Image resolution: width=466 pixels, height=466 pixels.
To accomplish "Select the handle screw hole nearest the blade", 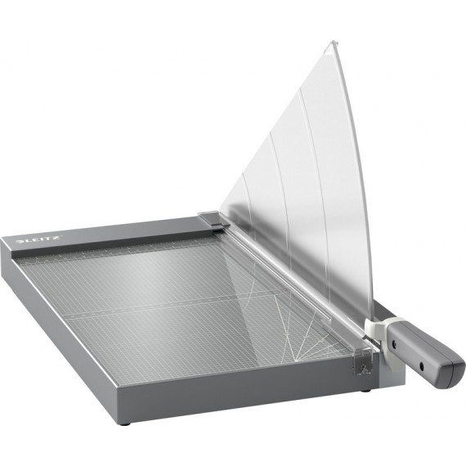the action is click(394, 344).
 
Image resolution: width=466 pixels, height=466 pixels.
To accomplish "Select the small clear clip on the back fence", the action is click(211, 219).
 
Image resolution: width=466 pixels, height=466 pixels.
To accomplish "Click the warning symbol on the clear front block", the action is click(363, 370).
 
